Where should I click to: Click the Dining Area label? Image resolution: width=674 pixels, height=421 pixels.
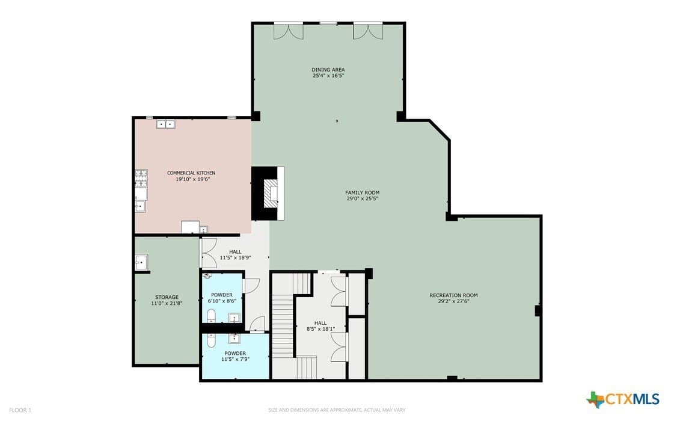[x=328, y=70]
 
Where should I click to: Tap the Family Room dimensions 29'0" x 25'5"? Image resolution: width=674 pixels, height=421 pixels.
[x=363, y=198]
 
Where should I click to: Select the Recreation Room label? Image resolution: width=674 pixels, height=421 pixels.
[x=453, y=295]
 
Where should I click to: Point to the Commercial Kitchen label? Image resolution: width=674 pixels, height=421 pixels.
[x=191, y=173]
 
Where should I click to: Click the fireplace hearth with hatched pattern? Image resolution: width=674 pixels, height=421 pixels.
[x=271, y=193]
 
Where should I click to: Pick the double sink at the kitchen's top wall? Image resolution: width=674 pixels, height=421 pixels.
[x=165, y=124]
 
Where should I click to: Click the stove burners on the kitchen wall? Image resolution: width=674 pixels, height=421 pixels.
[x=141, y=177]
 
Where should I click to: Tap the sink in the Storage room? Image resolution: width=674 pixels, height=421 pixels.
[x=141, y=262]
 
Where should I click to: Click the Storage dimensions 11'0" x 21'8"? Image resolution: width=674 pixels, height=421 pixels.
[x=167, y=303]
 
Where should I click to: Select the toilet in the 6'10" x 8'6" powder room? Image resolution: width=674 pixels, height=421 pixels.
[x=212, y=316]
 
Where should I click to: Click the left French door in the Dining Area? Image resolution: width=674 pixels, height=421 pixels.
[x=289, y=31]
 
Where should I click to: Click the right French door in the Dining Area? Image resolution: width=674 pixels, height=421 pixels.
[x=368, y=31]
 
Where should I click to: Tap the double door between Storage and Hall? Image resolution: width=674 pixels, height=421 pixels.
[x=209, y=253]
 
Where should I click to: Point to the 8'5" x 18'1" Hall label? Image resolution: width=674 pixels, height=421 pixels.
[x=320, y=326]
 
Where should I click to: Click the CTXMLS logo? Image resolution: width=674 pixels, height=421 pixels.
[x=623, y=399]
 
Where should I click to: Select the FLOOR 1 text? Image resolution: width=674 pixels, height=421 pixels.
[x=20, y=410]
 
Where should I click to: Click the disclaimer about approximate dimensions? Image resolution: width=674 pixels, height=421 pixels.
[x=337, y=410]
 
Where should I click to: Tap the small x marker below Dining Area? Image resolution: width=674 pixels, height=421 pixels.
[x=337, y=121]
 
